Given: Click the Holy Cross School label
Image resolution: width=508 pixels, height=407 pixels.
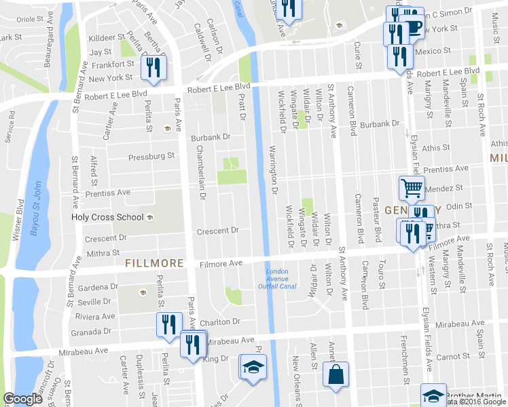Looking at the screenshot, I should [x=107, y=217].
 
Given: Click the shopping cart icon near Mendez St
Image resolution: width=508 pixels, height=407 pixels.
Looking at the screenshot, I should [x=412, y=189].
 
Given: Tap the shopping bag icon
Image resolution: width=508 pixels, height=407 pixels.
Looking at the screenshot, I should [x=336, y=374].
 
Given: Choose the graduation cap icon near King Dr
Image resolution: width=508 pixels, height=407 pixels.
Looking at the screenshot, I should [x=254, y=367].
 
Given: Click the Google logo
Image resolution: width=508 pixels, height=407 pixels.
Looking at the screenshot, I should [x=22, y=399].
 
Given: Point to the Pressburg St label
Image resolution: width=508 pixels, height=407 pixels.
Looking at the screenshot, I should [x=151, y=156].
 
